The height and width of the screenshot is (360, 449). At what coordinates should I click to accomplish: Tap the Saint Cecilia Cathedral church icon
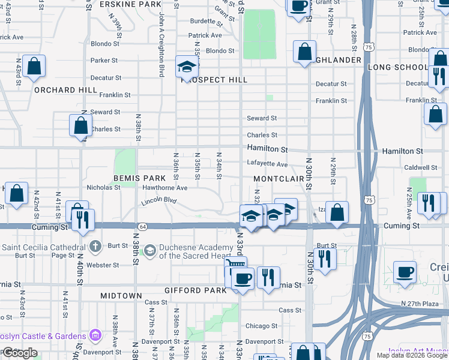pyautogui.click(x=95, y=247)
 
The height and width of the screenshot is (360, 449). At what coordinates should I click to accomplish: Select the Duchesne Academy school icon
pyautogui.click(x=149, y=250)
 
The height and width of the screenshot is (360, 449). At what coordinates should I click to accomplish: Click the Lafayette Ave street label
pyautogui.click(x=267, y=164)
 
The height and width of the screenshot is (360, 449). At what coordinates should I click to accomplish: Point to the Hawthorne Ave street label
pyautogui.click(x=164, y=188)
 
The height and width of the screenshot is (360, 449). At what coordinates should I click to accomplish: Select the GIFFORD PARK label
pyautogui.click(x=197, y=290)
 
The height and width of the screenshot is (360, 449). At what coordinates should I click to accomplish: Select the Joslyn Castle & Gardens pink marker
pyautogui.click(x=95, y=334)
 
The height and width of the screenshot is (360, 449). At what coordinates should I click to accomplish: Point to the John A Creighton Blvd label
pyautogui.click(x=161, y=46)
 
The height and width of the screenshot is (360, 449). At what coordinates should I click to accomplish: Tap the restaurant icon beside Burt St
pyautogui.click(x=325, y=259)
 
